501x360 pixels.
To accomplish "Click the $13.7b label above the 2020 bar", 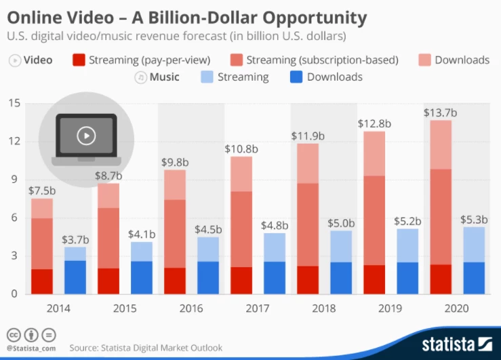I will point(440,112).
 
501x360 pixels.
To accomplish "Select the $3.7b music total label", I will point(75,239).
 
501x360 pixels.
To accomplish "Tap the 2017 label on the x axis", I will point(258,308).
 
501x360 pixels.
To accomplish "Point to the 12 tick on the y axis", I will point(14,142).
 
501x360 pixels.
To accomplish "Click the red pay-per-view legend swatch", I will point(79,60).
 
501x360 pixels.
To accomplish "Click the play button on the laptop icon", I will point(85,136).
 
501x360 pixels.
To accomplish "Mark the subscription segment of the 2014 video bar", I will point(42,243).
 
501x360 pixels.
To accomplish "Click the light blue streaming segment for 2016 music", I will point(208,249).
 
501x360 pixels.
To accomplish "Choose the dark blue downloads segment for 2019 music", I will point(407,278).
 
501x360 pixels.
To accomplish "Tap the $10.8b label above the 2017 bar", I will point(241,148).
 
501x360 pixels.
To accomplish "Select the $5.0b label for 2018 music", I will point(341,222).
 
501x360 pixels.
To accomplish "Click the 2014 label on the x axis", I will point(58,308).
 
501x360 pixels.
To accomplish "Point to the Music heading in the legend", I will point(165,77).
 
